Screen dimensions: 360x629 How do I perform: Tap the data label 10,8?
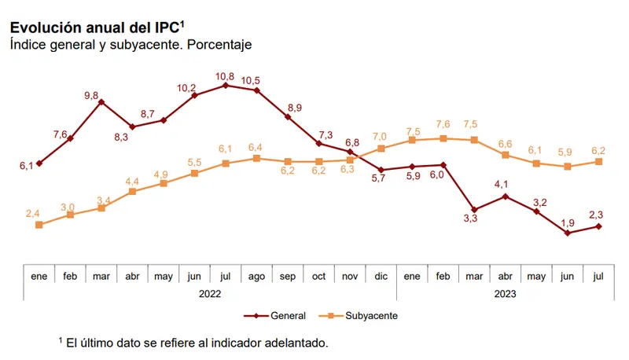coord(226,75)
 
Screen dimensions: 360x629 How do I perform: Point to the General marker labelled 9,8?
coord(101,101)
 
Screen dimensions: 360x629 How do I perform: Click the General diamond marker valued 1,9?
coord(567,233)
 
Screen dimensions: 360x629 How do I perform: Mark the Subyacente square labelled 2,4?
coord(39,225)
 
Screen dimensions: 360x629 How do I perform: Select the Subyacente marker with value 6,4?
coord(257,158)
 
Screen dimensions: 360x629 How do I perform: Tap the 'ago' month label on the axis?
coord(257,277)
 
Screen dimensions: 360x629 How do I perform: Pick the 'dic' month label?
coord(381,277)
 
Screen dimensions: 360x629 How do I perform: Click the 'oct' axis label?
coord(319,277)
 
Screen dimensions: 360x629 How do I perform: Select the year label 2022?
coord(210,293)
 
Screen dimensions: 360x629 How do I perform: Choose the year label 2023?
coord(505,293)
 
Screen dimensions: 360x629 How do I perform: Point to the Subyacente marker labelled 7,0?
coord(381,148)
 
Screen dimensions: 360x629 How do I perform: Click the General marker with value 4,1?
coord(505,197)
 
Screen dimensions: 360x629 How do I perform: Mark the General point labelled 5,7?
coord(381,170)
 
